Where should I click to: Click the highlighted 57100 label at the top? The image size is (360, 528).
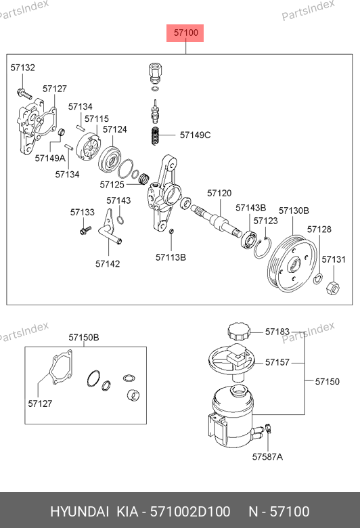185,33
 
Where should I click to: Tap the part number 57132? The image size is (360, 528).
22,68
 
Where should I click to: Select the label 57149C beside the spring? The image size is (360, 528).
196,135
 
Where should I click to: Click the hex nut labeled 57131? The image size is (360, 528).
333,288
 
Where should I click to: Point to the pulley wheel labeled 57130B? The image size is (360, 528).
292,264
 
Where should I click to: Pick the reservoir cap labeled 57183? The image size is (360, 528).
240,331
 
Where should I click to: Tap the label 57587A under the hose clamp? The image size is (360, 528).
267,457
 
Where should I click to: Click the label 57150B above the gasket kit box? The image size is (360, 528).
84,337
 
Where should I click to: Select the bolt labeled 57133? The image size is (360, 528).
85,230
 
